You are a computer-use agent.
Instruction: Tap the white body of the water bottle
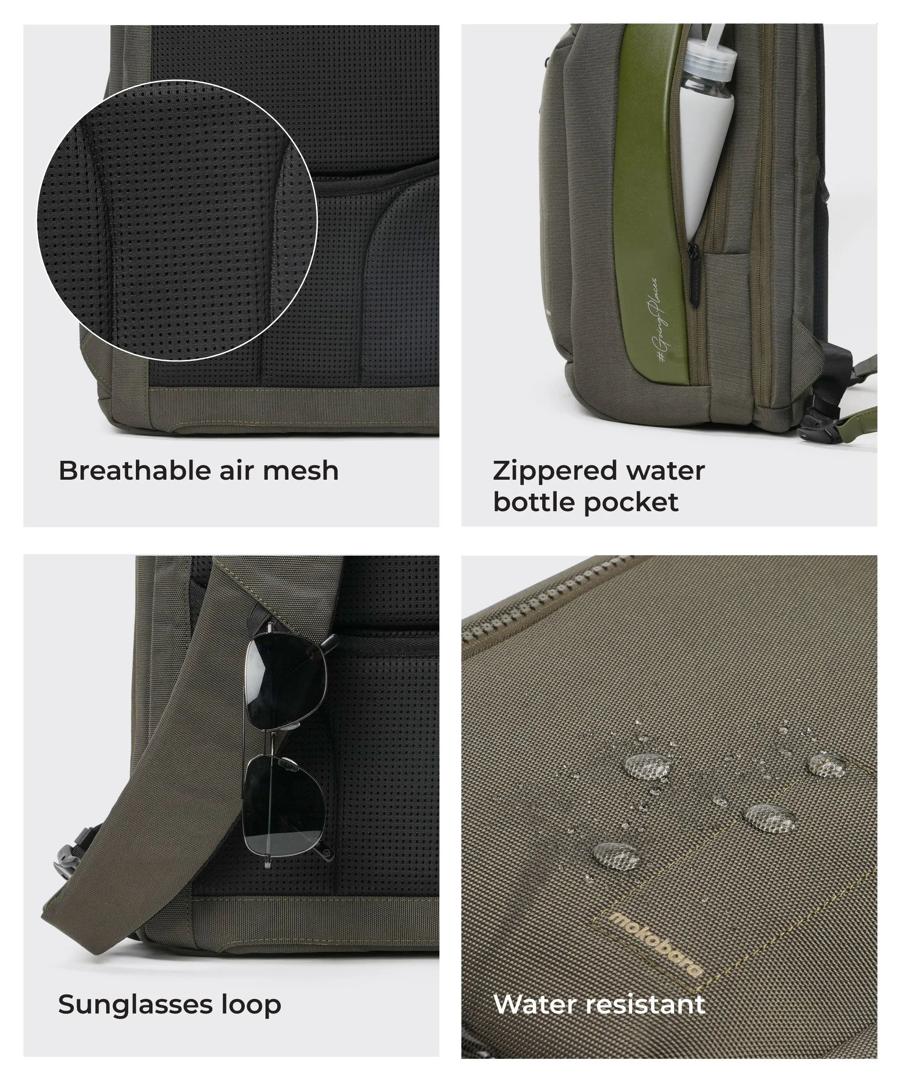pos(698,154)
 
